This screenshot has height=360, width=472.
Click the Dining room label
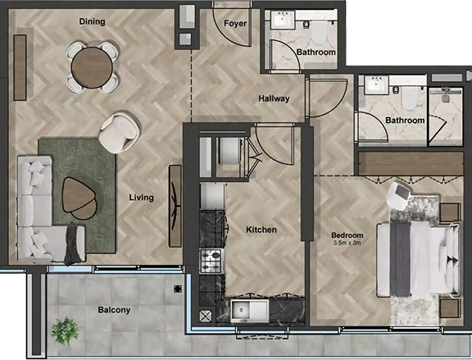coord(92,22)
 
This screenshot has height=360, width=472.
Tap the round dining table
coord(87,67)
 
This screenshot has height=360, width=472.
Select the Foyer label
coord(236,23)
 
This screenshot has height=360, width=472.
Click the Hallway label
coord(274,98)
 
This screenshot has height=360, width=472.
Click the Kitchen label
coord(261,230)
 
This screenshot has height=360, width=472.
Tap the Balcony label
coord(114,310)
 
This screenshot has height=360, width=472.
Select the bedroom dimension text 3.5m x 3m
coord(347,244)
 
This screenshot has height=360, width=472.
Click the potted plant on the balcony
coord(63,330)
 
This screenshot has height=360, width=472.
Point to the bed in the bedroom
coord(418,258)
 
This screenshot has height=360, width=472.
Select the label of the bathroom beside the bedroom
coord(405,121)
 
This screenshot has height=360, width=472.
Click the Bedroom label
coord(347,235)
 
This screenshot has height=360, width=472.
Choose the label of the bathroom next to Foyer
coord(315,52)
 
